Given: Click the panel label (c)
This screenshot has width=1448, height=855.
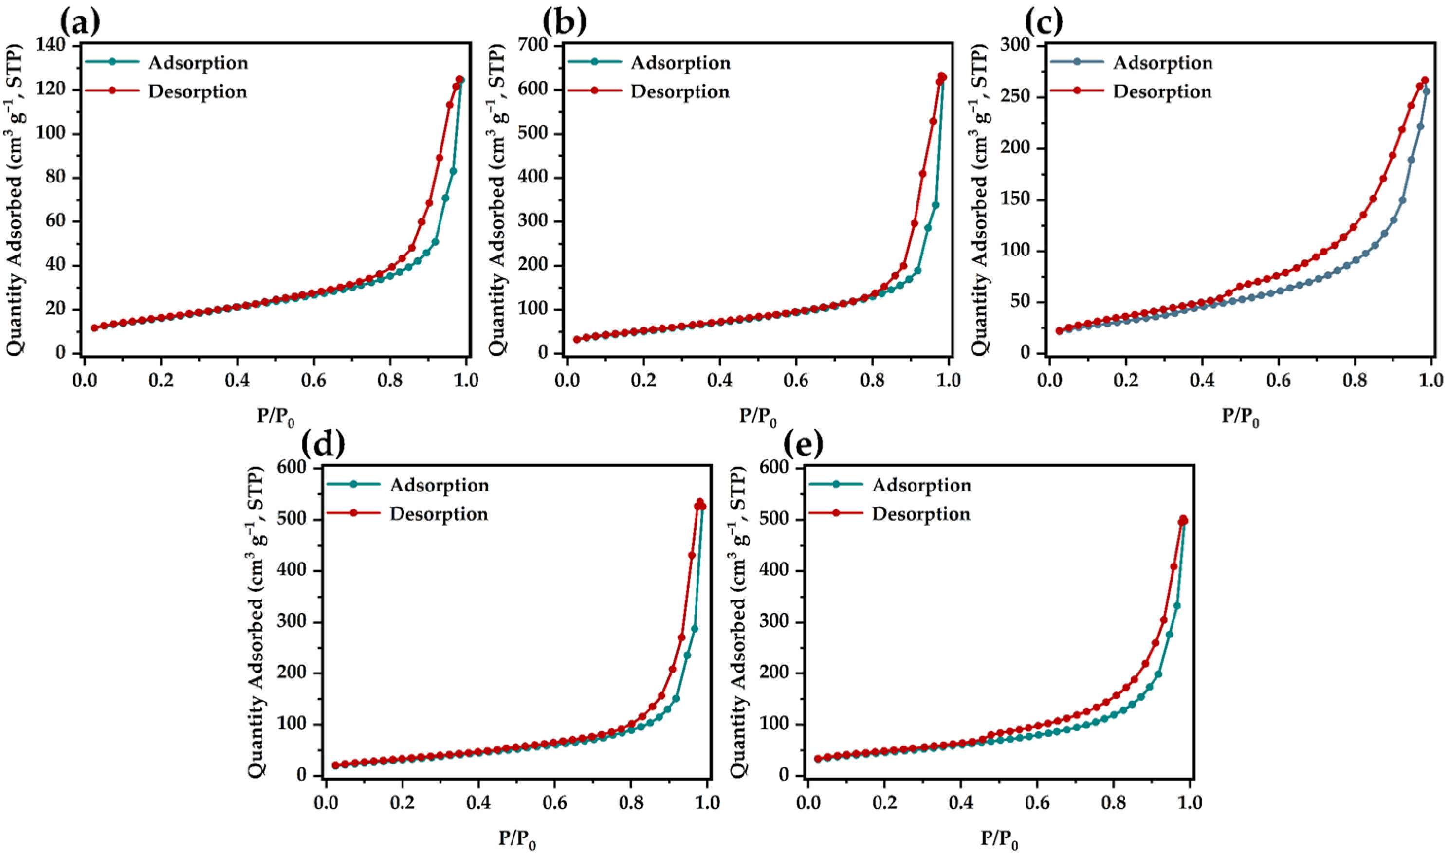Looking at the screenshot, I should tap(1044, 22).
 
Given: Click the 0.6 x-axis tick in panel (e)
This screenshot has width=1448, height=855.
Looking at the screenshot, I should tap(1037, 802).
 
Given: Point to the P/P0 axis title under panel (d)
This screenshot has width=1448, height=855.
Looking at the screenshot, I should tap(517, 839).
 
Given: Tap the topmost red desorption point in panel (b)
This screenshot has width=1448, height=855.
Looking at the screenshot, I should tap(941, 76).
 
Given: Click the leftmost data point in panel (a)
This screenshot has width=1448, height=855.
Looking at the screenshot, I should tap(94, 328).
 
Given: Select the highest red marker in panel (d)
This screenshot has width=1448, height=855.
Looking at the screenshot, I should tap(700, 502).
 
